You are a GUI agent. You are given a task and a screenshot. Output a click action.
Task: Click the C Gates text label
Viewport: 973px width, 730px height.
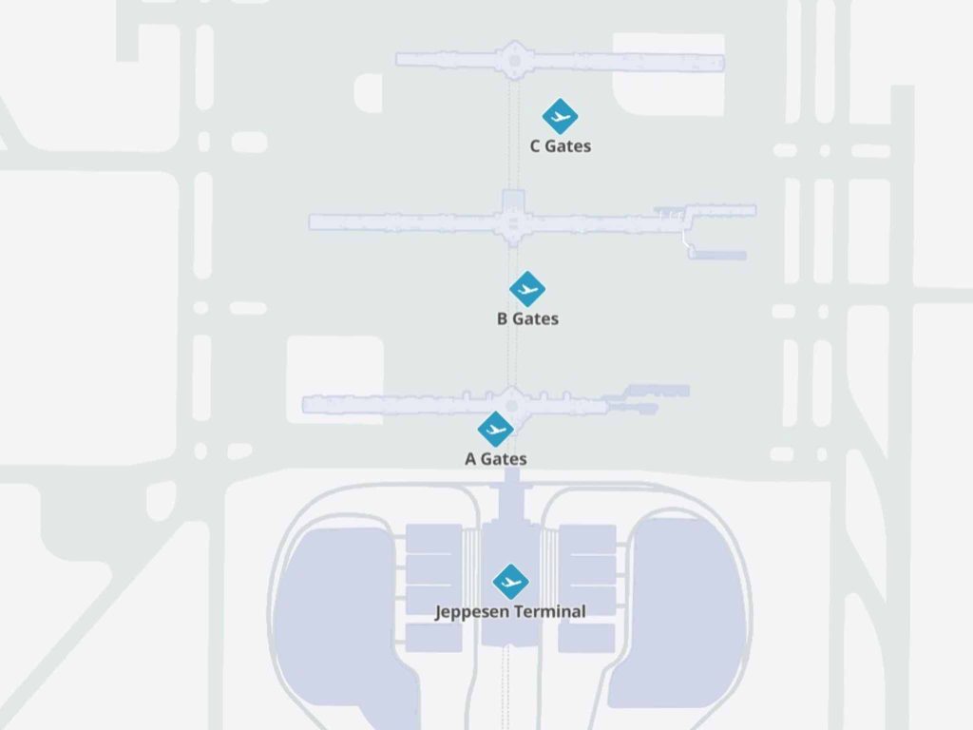pyautogui.click(x=561, y=146)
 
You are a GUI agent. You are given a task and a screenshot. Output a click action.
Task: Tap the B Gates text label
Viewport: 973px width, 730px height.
pyautogui.click(x=527, y=319)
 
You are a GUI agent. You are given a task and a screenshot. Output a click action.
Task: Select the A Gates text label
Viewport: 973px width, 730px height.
pyautogui.click(x=496, y=459)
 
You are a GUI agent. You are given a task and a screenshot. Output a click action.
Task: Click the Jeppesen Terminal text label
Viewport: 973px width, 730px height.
pyautogui.click(x=510, y=612)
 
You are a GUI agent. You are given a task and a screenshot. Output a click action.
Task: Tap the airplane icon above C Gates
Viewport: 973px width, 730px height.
pyautogui.click(x=560, y=116)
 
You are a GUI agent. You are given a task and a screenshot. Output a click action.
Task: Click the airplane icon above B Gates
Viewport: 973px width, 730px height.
pyautogui.click(x=527, y=289)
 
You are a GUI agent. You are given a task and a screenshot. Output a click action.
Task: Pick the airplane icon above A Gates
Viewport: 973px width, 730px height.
pyautogui.click(x=496, y=429)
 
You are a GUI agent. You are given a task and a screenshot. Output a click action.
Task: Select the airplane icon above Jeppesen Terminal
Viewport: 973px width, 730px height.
pyautogui.click(x=510, y=583)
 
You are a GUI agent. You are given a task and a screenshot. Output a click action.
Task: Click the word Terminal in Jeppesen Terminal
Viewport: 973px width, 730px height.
pyautogui.click(x=548, y=611)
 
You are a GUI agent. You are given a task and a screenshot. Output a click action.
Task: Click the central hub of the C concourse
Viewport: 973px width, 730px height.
pyautogui.click(x=514, y=61)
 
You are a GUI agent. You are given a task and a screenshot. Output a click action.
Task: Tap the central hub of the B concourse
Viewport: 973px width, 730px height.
pyautogui.click(x=513, y=222)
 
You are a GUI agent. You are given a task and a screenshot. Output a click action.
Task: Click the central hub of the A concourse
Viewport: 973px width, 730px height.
pyautogui.click(x=512, y=406)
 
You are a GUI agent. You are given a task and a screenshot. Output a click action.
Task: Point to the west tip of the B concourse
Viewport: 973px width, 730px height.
pyautogui.click(x=311, y=222)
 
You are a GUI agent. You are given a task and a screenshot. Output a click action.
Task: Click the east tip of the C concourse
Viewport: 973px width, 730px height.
pyautogui.click(x=723, y=63)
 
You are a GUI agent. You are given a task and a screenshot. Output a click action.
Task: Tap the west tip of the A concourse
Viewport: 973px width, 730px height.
pyautogui.click(x=304, y=405)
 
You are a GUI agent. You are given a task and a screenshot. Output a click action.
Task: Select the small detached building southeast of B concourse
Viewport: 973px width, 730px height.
pyautogui.click(x=717, y=255)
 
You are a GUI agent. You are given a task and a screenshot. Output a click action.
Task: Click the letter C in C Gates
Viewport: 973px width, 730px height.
pyautogui.click(x=535, y=146)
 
